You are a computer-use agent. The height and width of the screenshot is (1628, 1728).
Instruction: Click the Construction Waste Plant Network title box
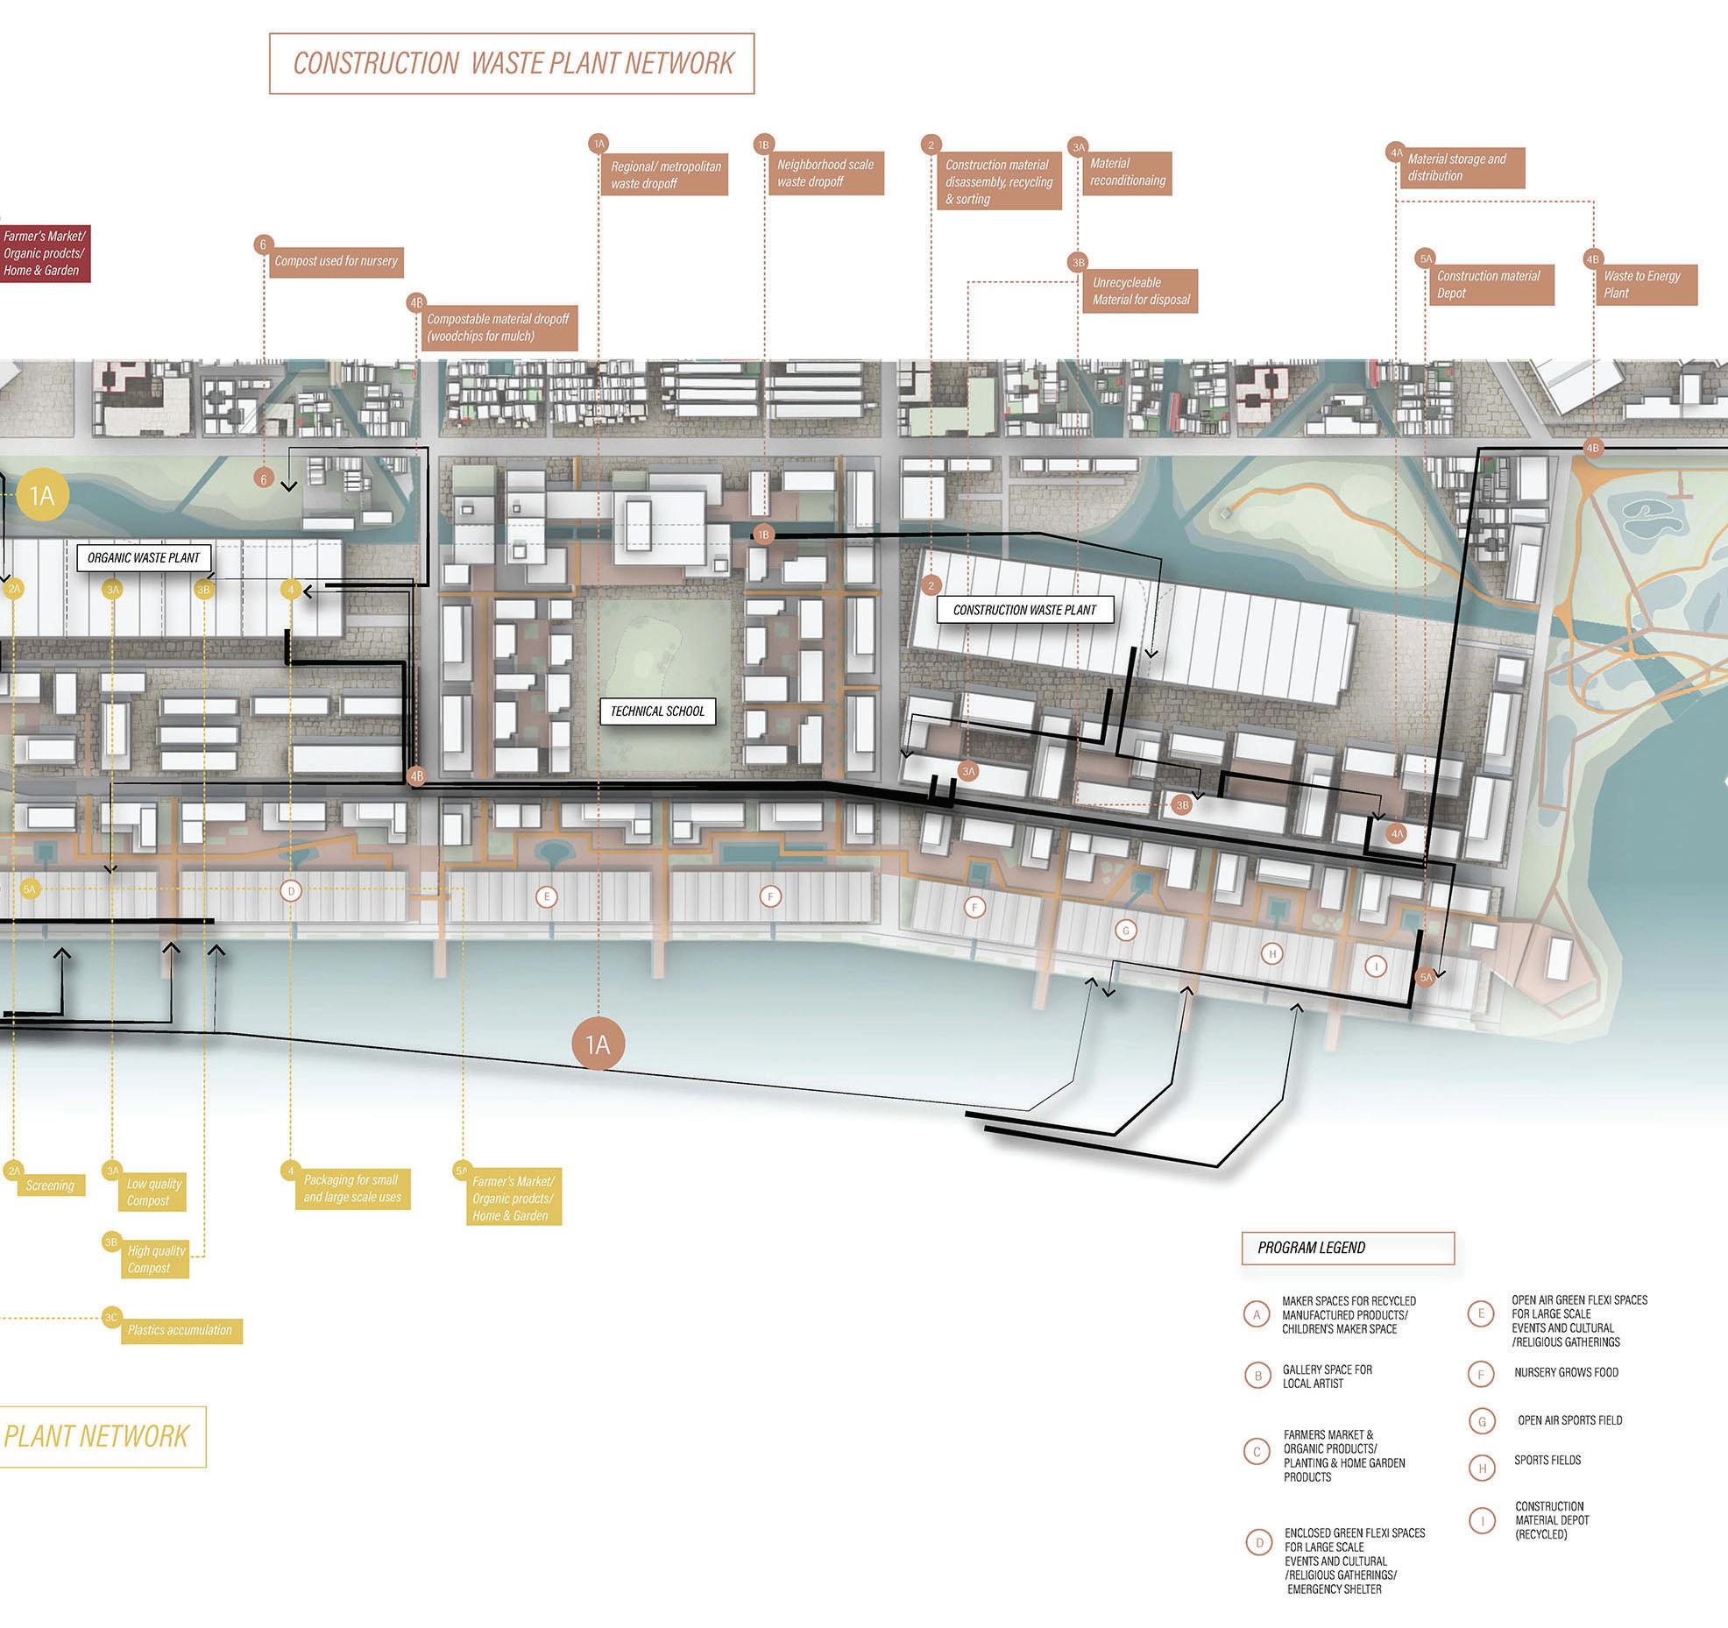tap(512, 63)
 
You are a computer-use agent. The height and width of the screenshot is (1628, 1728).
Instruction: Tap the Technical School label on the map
tap(657, 711)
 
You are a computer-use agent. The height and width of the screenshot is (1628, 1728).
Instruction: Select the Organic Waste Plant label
tap(144, 557)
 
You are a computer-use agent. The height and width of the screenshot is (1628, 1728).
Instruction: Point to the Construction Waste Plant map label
tap(1024, 610)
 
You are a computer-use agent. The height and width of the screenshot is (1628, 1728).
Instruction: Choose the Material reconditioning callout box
tap(1127, 172)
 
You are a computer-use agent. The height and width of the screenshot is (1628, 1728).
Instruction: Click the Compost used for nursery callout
tap(336, 261)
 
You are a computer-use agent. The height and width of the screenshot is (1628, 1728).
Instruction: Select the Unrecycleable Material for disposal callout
tap(1141, 291)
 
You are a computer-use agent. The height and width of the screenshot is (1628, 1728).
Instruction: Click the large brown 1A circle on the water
tap(598, 1044)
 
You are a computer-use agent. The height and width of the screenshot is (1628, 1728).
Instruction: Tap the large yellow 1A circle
tap(42, 497)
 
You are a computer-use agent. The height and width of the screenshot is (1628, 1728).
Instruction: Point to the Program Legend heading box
tap(1348, 1248)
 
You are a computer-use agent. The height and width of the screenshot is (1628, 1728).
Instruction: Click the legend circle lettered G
tap(1482, 1421)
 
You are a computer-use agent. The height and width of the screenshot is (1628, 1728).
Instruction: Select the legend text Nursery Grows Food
tap(1566, 1372)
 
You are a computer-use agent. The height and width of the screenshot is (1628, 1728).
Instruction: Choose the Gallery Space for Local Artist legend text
tap(1327, 1377)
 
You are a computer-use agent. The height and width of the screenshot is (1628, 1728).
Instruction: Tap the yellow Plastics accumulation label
tap(181, 1330)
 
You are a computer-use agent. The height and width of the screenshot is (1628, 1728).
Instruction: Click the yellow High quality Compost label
tap(156, 1259)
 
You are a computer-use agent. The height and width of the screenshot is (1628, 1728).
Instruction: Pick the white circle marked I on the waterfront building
tap(1376, 966)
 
